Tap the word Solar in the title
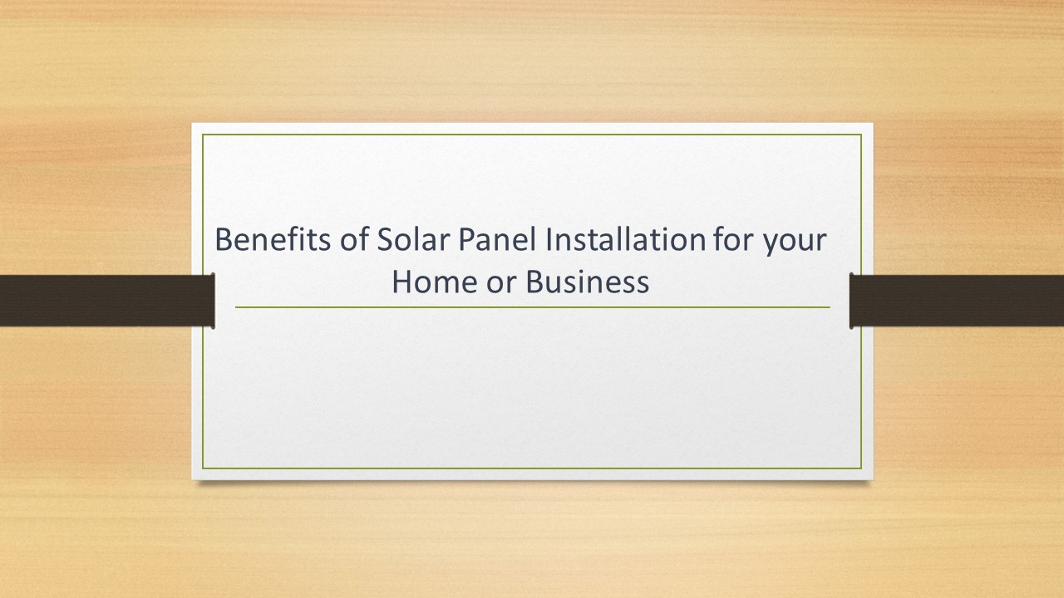(x=405, y=241)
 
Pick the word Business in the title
(x=585, y=283)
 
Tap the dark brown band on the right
(x=957, y=300)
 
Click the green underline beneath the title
(x=532, y=307)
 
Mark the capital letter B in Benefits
(x=224, y=241)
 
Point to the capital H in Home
(x=401, y=283)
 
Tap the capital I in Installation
(x=549, y=241)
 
